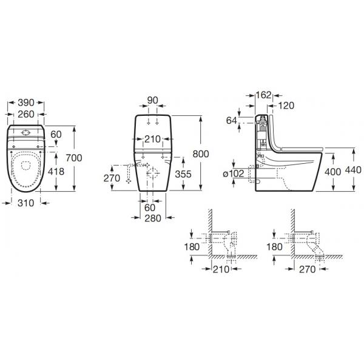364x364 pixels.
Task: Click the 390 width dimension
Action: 26,103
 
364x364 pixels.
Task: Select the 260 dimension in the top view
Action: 26,114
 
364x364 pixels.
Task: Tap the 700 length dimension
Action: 74,158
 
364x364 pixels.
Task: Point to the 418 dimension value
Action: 56,172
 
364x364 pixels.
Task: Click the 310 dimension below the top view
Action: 25,203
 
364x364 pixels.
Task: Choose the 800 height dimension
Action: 201,154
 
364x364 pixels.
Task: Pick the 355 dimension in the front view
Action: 183,174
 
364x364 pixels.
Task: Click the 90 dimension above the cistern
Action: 152,100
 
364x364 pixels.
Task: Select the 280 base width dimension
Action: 153,218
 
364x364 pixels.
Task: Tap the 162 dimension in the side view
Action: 263,95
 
